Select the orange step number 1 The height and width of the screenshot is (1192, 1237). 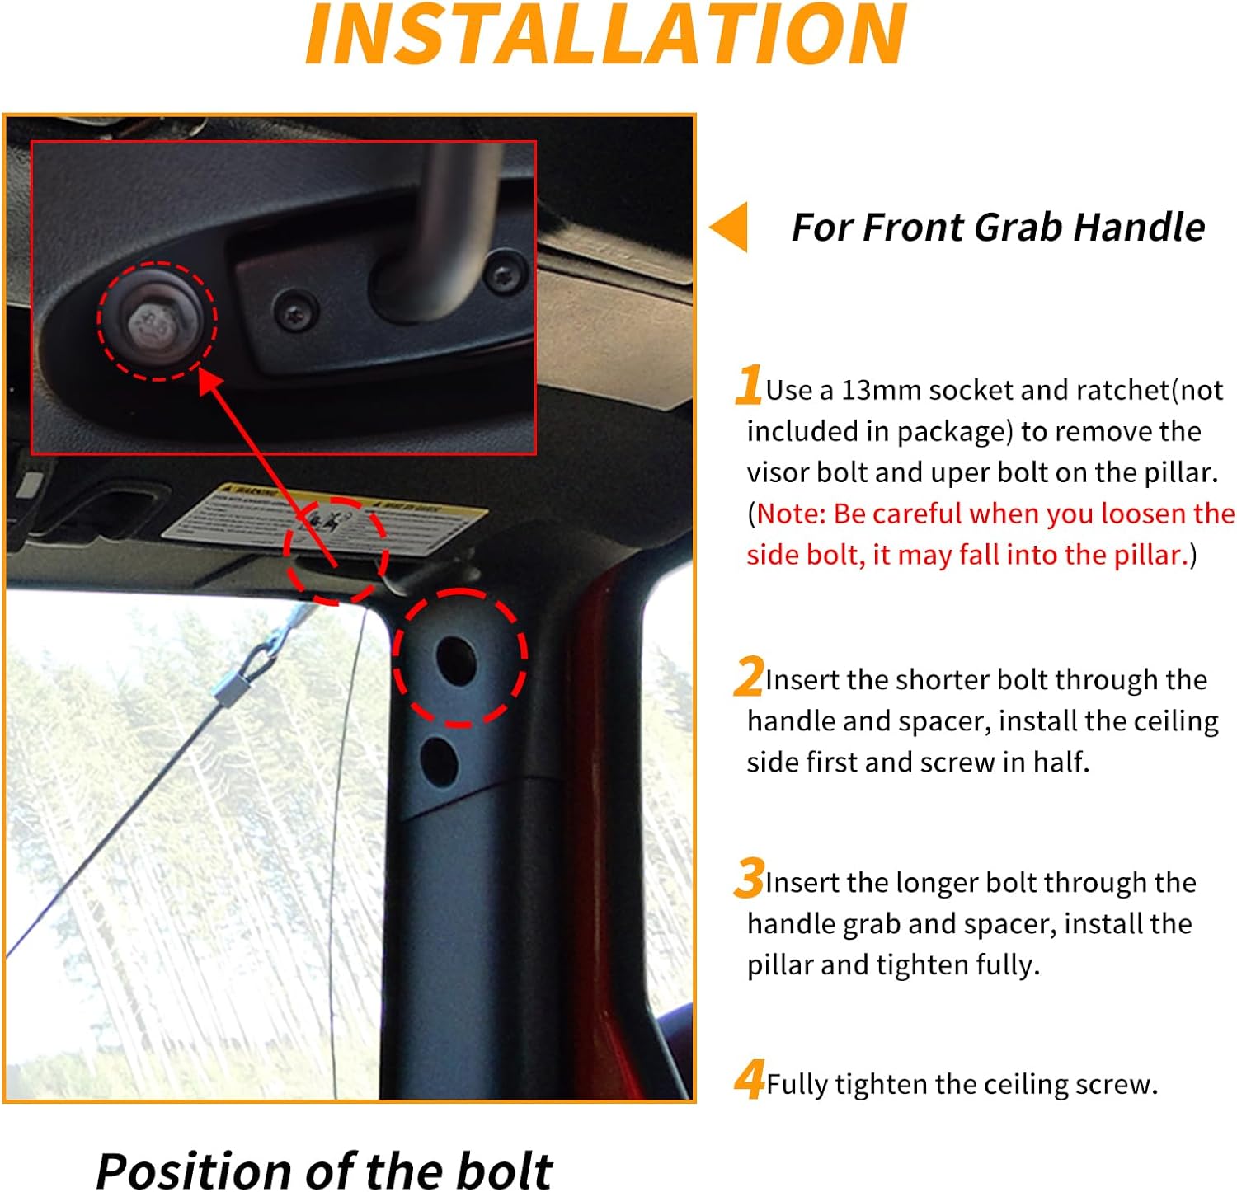(x=748, y=385)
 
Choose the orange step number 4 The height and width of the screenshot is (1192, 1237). (x=749, y=1080)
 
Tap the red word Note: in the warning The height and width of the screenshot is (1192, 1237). (x=791, y=514)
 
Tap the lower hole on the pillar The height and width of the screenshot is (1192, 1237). (x=440, y=760)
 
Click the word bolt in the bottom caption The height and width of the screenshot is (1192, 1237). (x=504, y=1170)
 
